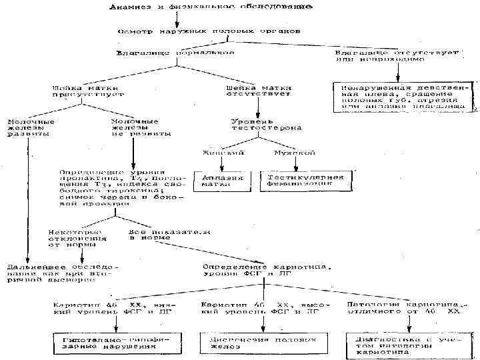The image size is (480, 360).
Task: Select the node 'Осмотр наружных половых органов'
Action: (208, 31)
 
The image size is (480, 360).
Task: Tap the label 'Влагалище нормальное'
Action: (175, 52)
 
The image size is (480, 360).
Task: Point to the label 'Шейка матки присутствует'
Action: (76, 91)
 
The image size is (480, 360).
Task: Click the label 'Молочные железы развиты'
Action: (29, 127)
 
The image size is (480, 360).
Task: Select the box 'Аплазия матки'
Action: (221, 181)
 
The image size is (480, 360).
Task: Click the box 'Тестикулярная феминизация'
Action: (305, 181)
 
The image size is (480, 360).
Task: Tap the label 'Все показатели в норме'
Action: (168, 234)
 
